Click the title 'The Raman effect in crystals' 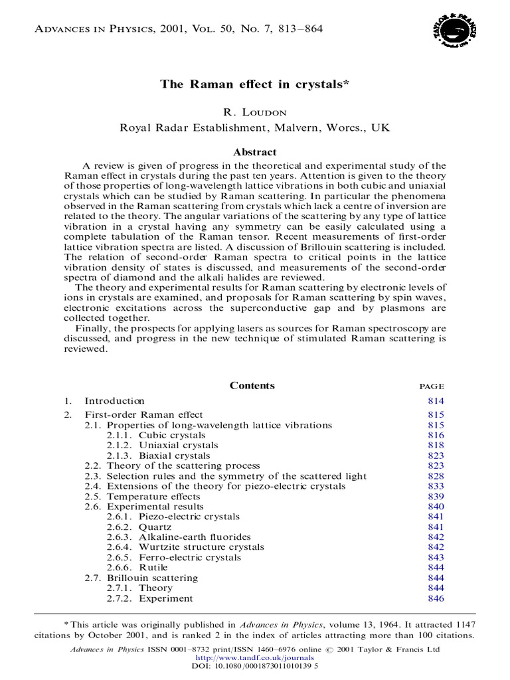click(254, 84)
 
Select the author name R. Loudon click(254, 113)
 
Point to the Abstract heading click(254, 152)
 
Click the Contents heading click(252, 386)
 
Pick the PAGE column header click(432, 386)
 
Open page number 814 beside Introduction click(436, 401)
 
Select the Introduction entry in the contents click(114, 401)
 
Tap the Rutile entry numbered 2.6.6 click(153, 568)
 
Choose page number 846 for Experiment click(436, 598)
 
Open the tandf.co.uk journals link click(254, 657)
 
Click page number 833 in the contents click(436, 486)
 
